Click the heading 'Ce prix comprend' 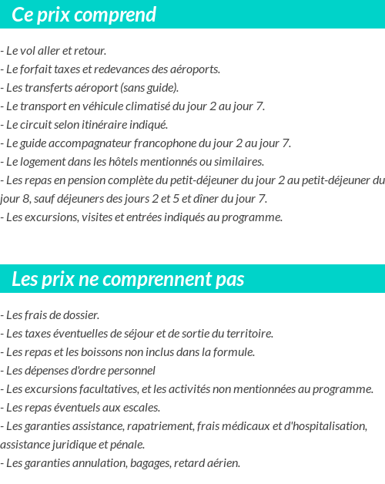[x=84, y=15]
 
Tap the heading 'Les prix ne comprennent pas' [x=128, y=279]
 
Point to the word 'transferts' [x=49, y=88]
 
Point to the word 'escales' [x=141, y=408]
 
